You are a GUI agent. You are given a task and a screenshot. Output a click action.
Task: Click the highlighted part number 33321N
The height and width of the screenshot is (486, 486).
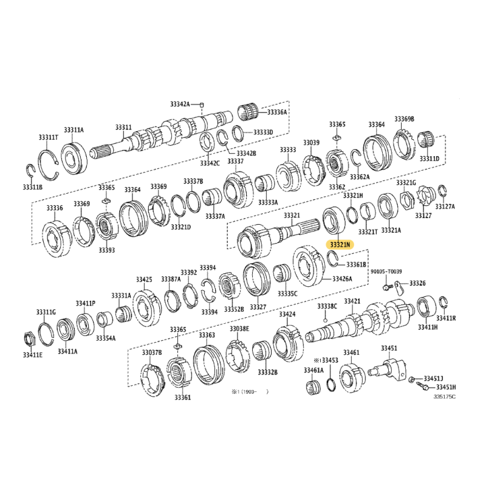click(x=340, y=245)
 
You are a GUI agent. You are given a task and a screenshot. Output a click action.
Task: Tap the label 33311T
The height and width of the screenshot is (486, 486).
click(x=49, y=137)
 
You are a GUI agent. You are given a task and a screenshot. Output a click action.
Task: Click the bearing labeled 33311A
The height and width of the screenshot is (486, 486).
click(x=74, y=158)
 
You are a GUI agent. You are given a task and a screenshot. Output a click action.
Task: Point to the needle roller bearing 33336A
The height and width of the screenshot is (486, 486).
click(x=248, y=112)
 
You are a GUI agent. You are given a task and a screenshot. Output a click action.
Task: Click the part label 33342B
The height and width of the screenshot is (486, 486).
click(x=246, y=154)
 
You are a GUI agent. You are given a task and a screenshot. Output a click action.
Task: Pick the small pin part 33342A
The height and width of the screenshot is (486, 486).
click(x=202, y=104)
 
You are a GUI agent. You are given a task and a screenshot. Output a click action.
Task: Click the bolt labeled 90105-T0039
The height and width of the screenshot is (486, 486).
click(x=386, y=286)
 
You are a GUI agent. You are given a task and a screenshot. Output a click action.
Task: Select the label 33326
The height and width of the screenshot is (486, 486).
click(x=417, y=283)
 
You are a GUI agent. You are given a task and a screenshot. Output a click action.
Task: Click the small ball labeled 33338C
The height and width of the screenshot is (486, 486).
click(x=325, y=320)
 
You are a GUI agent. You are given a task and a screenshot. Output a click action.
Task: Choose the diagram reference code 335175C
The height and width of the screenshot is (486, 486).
click(x=444, y=397)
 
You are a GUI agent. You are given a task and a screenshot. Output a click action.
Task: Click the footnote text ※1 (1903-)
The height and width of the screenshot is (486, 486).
click(x=250, y=392)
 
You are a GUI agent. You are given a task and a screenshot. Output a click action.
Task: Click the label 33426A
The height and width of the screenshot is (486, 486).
click(x=342, y=279)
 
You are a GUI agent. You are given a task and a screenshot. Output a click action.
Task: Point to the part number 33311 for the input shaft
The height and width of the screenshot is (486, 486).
click(x=123, y=128)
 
